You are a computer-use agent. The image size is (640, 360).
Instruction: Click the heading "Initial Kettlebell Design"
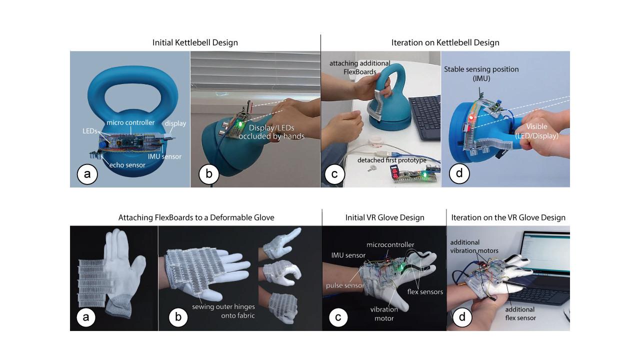[195, 43]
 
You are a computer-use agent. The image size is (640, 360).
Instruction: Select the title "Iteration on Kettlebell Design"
[445, 43]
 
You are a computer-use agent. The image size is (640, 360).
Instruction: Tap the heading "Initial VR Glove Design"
[384, 217]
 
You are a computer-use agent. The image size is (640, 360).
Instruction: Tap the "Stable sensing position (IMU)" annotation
[481, 73]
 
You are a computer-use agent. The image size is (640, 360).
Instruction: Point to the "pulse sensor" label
[341, 285]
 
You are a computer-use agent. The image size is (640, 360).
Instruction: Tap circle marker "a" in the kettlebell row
[87, 174]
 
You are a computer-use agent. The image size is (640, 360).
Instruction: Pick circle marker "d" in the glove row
[462, 317]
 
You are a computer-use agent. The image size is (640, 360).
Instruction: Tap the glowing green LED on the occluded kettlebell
[240, 123]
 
